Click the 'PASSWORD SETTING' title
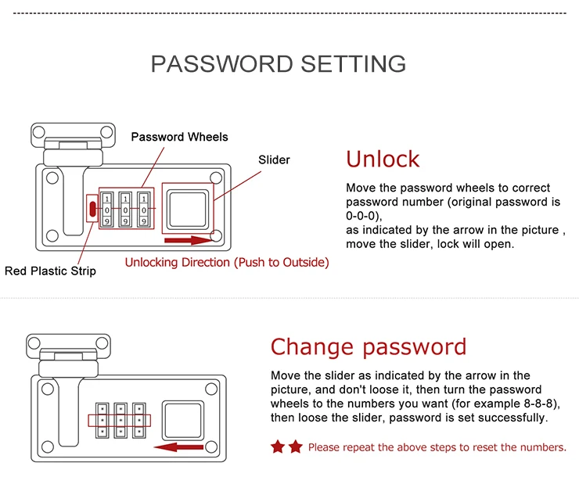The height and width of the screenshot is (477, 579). coord(279,64)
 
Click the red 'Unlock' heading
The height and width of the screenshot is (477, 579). coord(383,160)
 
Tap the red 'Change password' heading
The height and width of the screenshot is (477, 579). coord(369,347)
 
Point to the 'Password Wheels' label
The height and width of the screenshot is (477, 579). coord(179,137)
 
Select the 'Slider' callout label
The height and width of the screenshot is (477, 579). coord(274,160)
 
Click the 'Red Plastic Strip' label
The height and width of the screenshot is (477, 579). coord(50,271)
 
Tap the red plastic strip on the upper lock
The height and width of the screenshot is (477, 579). coord(92,209)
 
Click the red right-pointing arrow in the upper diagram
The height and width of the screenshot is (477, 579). coord(189,241)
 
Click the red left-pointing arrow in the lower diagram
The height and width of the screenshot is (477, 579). coord(178,447)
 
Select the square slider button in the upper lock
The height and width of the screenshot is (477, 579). coord(188,209)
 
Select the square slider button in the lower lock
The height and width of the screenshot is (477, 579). coord(183,421)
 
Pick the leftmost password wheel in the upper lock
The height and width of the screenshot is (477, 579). coord(106,209)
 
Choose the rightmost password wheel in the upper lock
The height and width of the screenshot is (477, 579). coord(144,209)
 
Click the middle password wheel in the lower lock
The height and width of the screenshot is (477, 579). coord(120,421)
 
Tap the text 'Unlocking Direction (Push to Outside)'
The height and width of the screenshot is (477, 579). coord(227,262)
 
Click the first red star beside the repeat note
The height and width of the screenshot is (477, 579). coord(278,447)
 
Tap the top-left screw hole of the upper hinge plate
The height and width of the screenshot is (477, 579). coord(39,131)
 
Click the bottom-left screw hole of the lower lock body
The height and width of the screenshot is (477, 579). coord(48,447)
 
